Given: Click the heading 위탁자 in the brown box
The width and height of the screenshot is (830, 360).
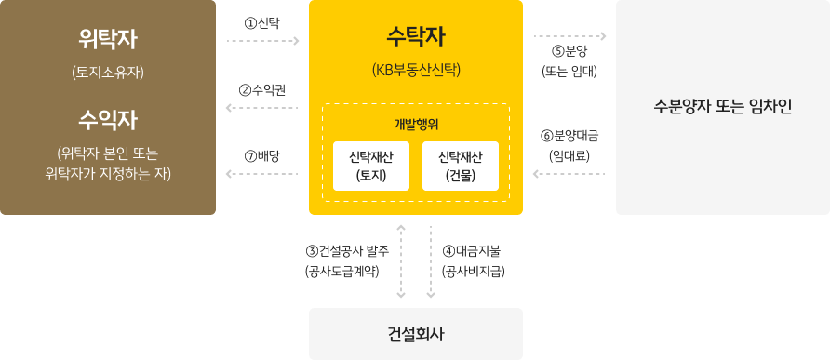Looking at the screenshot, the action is pyautogui.click(x=108, y=39).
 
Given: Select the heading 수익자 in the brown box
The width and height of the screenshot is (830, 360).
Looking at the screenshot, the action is pyautogui.click(x=108, y=121).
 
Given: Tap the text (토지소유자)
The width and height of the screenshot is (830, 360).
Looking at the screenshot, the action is pyautogui.click(x=108, y=73).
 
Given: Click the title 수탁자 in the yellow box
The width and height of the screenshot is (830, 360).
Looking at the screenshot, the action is pyautogui.click(x=416, y=37).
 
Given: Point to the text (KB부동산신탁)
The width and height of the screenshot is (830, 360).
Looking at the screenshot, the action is pyautogui.click(x=416, y=70).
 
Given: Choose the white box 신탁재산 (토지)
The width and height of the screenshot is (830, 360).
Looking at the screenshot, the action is pyautogui.click(x=371, y=166).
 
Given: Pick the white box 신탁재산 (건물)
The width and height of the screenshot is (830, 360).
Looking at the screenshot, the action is pyautogui.click(x=461, y=166).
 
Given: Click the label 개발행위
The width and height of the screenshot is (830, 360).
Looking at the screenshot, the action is pyautogui.click(x=416, y=124).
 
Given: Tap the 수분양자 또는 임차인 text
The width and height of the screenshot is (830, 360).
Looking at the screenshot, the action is pyautogui.click(x=723, y=107).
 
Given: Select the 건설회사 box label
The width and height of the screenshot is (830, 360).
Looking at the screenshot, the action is pyautogui.click(x=416, y=334).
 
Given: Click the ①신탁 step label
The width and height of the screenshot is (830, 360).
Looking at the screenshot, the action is pyautogui.click(x=261, y=22).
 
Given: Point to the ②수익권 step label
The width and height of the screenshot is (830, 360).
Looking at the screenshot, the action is pyautogui.click(x=262, y=90).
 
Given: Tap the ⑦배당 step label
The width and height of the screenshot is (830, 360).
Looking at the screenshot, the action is pyautogui.click(x=262, y=156).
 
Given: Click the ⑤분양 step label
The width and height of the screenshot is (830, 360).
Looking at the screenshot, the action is pyautogui.click(x=569, y=53).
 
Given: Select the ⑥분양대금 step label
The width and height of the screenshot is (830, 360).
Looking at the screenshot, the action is pyautogui.click(x=569, y=136).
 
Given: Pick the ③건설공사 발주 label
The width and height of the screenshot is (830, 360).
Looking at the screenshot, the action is pyautogui.click(x=348, y=250).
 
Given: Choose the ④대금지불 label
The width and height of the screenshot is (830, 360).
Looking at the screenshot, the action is pyautogui.click(x=474, y=250).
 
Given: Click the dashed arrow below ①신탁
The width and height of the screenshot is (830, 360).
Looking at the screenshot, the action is pyautogui.click(x=263, y=41).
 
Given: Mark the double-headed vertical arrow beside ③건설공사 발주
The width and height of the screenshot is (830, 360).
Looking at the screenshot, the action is pyautogui.click(x=401, y=261).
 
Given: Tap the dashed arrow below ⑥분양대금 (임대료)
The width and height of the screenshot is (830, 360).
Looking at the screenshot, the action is pyautogui.click(x=569, y=174).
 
